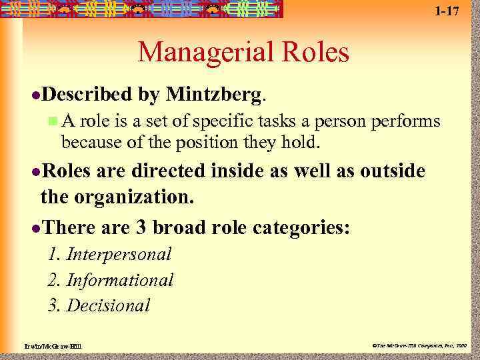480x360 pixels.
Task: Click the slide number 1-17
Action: pos(446,11)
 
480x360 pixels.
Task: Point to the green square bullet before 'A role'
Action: pos(53,121)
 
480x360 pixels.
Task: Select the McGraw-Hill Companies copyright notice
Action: pos(420,345)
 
